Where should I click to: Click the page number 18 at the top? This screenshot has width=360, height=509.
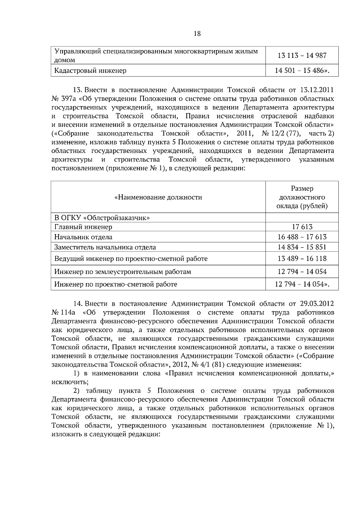point(197,34)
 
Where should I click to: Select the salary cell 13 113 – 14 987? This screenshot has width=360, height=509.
point(302,55)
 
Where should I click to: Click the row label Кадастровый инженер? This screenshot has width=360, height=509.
point(90,71)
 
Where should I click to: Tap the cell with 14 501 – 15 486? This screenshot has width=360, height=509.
point(302,71)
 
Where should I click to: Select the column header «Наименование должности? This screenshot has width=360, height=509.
point(158,197)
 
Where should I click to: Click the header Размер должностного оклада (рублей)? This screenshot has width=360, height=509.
point(302,197)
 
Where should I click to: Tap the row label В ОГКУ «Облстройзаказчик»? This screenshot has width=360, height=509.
point(102,218)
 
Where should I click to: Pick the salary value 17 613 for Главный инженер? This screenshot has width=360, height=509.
point(302,227)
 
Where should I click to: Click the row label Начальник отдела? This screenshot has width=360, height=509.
point(83,237)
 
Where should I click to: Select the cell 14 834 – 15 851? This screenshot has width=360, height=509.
point(302,247)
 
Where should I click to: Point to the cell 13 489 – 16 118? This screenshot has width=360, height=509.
point(302,258)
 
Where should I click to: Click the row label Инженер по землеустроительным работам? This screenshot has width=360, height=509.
point(123,272)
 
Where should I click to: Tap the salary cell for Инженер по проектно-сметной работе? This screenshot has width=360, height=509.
point(302,284)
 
